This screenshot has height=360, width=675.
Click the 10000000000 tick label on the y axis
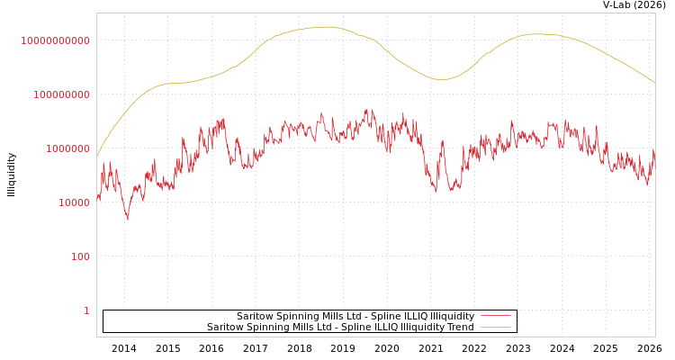pos(55,40)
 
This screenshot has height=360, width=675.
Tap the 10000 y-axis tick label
pos(73,202)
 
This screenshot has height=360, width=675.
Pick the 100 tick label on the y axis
pos(80,256)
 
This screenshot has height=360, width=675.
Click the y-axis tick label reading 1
pos(86,310)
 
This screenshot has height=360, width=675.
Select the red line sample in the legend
pos(495,316)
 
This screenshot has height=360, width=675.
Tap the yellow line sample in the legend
pos(495,328)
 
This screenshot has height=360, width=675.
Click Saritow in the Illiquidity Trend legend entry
pos(225,328)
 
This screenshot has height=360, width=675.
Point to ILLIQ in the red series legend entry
pos(412,317)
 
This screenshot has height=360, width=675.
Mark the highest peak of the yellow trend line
pos(326,27)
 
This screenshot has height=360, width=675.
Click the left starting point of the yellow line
pos(97,157)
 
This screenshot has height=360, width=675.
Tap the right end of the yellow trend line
pos(654,83)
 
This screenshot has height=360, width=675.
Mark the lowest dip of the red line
pos(127,219)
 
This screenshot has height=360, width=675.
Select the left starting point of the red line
pos(97,196)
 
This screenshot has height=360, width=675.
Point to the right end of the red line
pos(654,151)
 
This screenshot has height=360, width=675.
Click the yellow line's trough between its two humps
pos(441,79)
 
